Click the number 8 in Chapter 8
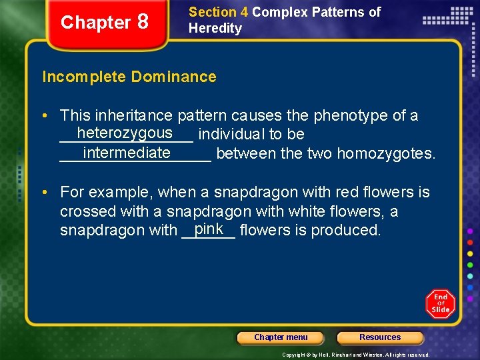(x=142, y=22)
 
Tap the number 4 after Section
(x=243, y=12)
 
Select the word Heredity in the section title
(x=215, y=28)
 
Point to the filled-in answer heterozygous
(x=124, y=133)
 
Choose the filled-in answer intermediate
(x=127, y=153)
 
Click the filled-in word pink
(x=209, y=229)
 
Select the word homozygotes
(x=386, y=154)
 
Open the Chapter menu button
(x=281, y=337)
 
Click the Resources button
(x=380, y=337)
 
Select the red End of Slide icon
(x=441, y=304)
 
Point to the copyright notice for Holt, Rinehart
(x=356, y=355)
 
